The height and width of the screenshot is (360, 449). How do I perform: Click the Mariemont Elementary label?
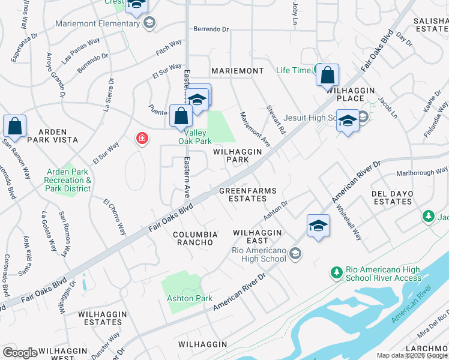click(97, 23)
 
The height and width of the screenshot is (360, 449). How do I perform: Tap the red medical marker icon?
click(142, 139)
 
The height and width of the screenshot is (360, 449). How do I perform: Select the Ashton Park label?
click(190, 298)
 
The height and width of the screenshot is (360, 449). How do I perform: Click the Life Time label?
click(294, 70)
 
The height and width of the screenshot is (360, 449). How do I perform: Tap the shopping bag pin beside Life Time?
click(327, 76)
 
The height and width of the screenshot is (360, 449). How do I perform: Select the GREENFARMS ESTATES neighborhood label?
click(247, 194)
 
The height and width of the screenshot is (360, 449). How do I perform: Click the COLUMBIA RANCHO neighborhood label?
click(193, 238)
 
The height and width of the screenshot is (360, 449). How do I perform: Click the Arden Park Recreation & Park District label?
click(68, 181)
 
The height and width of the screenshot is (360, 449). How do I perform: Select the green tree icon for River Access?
click(337, 273)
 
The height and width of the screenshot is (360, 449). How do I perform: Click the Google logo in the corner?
click(20, 353)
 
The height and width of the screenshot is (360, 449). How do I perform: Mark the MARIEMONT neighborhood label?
click(237, 71)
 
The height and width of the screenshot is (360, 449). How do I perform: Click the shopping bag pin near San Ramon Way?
click(14, 127)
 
